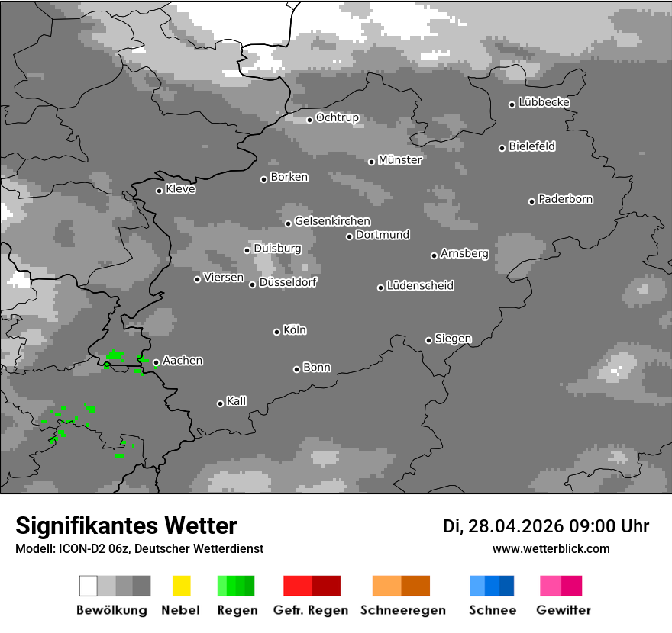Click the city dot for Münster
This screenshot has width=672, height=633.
tap(371, 162)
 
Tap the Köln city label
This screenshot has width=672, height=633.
tap(295, 330)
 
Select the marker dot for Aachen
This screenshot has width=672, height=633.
tap(156, 363)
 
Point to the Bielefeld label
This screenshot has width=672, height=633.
tap(532, 146)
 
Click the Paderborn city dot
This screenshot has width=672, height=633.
tap(531, 201)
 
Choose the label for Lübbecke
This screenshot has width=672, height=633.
tap(544, 102)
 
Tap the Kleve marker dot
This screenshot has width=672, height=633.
tap(159, 191)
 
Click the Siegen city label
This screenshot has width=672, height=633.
tap(454, 339)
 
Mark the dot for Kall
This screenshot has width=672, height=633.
tap(220, 403)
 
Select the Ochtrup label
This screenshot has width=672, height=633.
tap(338, 118)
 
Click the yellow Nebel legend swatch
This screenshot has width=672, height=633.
tap(181, 586)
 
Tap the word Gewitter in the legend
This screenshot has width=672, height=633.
tap(564, 610)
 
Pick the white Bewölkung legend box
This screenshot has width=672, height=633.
tap(89, 586)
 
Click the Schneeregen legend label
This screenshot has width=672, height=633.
tap(402, 610)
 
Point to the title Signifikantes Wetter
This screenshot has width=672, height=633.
tap(126, 525)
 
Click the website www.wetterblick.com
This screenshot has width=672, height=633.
tap(551, 548)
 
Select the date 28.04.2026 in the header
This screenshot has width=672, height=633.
tap(513, 526)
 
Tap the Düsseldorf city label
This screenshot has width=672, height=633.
tap(288, 282)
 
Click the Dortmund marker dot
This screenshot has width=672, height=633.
tap(349, 236)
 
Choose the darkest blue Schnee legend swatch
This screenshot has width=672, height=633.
tap(507, 586)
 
